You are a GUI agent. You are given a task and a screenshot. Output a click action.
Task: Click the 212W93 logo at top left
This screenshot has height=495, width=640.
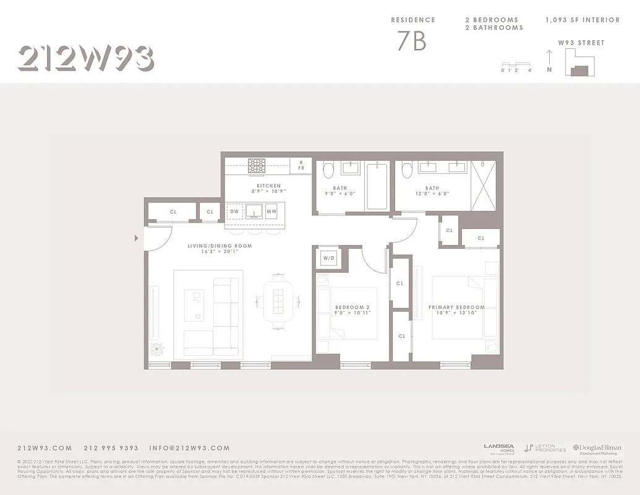[85, 59]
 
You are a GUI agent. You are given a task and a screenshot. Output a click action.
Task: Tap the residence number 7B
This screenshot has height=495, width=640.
[412, 41]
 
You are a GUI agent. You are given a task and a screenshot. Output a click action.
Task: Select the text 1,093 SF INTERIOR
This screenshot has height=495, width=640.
[582, 20]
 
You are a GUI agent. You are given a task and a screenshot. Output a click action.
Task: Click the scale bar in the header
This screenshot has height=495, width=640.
[516, 64]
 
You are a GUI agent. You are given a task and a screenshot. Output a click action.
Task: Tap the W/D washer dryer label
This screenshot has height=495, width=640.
[328, 257]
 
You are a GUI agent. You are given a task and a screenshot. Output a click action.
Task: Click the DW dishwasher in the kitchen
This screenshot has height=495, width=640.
[234, 212]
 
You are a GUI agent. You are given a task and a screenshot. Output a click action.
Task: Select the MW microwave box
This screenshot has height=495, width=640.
[271, 212]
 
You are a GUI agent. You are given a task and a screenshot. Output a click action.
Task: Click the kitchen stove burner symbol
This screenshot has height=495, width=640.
[256, 165]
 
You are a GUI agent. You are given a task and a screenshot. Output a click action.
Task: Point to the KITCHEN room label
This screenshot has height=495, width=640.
[269, 186]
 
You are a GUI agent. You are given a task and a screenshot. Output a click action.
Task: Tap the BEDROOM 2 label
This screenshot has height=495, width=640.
[352, 308]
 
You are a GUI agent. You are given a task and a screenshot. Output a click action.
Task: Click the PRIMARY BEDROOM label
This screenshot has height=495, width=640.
[456, 307]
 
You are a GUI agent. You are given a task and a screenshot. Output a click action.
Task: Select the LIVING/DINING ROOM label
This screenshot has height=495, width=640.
[220, 246]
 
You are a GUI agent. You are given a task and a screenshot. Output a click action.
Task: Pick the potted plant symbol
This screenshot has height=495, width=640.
[158, 349]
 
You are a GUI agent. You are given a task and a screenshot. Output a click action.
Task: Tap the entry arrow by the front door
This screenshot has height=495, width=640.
[136, 238]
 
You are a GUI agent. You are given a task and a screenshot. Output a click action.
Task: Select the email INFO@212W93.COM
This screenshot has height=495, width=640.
[189, 448]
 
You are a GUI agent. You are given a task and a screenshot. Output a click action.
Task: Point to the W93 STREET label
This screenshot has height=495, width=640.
[581, 43]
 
